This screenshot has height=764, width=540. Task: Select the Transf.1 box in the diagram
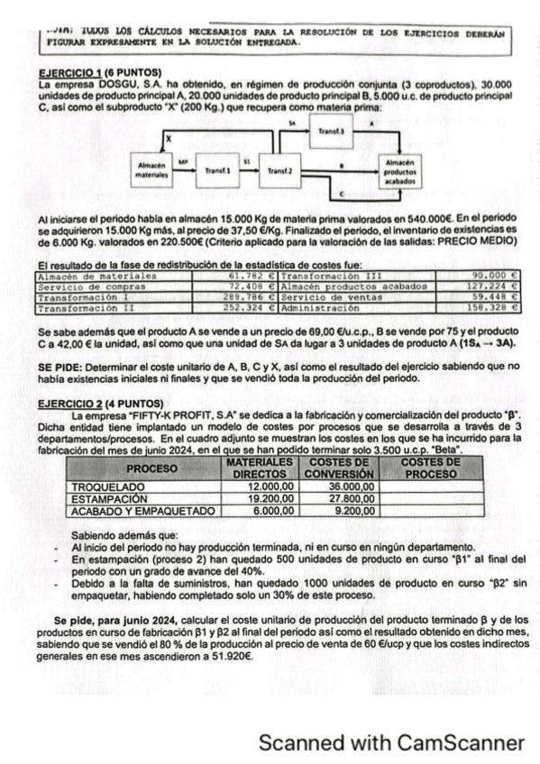(x=219, y=168)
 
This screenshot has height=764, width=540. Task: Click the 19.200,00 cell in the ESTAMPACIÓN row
(x=270, y=497)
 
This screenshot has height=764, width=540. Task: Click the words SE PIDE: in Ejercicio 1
(x=63, y=367)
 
